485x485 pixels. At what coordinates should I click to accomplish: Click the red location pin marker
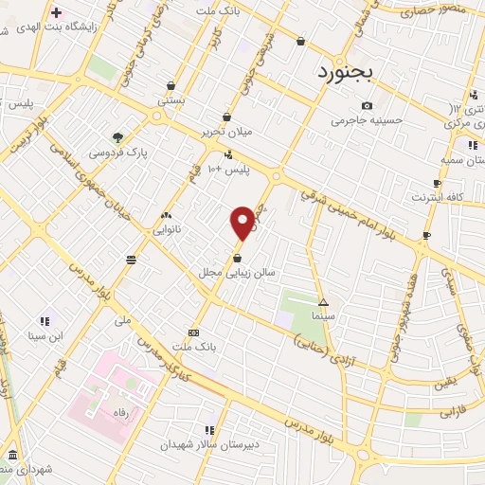click(x=242, y=222)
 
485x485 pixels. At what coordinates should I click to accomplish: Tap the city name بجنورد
click(x=346, y=71)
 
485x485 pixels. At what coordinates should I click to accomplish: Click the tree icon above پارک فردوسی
click(x=117, y=136)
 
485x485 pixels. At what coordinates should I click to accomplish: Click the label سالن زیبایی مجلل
click(x=236, y=272)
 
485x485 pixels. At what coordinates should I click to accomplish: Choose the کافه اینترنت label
click(x=436, y=197)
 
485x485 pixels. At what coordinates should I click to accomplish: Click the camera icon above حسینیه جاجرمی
click(x=367, y=105)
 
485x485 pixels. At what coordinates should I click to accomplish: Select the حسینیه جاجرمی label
click(x=367, y=120)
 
